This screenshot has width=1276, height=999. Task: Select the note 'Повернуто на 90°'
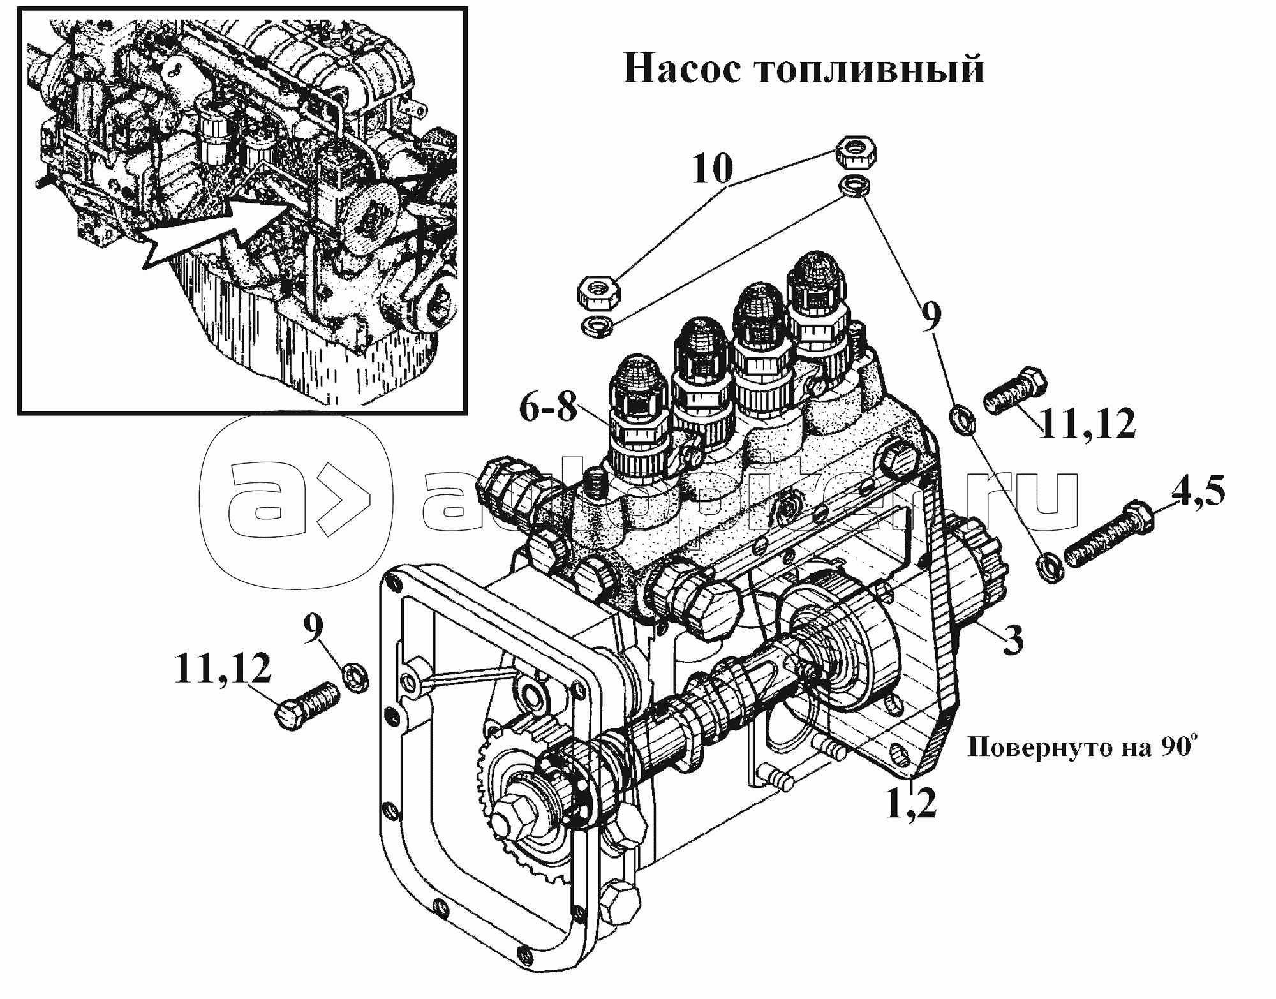1079,746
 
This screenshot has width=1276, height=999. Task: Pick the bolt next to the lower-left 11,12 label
307,704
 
